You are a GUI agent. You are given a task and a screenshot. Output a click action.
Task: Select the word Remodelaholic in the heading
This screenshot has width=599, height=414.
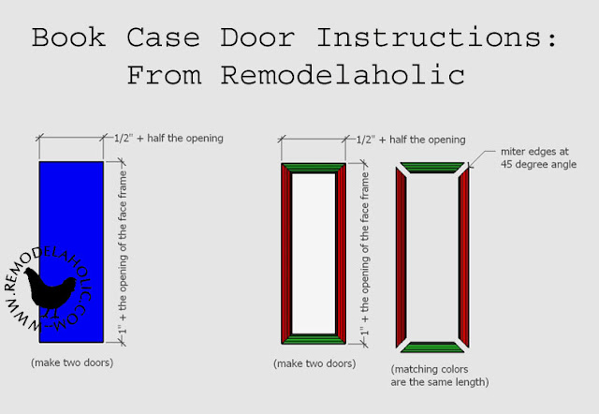tap(340, 76)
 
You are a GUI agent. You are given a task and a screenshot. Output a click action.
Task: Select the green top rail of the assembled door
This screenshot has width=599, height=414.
tap(314, 168)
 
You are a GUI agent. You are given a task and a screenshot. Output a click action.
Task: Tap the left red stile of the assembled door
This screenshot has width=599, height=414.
tap(286, 253)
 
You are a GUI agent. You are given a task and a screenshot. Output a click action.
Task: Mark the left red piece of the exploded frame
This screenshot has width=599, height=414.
tap(402, 258)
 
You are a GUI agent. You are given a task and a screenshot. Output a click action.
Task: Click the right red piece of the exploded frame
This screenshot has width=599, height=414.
tap(463, 258)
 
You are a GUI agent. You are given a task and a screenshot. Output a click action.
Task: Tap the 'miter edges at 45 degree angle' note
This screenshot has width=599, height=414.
tap(530, 158)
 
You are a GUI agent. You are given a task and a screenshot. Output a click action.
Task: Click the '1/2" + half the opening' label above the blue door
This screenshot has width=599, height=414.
tap(168, 140)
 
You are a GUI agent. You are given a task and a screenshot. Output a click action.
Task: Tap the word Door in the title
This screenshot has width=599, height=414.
tap(265, 38)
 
